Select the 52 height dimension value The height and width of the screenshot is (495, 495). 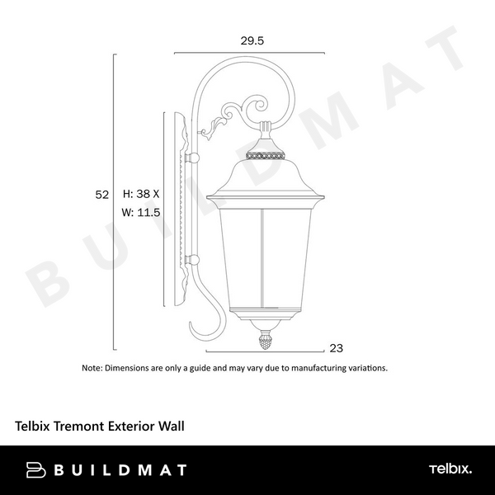click(x=102, y=195)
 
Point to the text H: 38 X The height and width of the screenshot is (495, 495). click(x=140, y=195)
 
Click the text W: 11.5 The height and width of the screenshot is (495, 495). click(x=140, y=212)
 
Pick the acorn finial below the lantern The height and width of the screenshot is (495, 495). click(x=266, y=338)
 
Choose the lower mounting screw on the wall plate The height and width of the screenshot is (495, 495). click(x=194, y=262)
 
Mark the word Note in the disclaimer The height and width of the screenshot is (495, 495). click(x=92, y=368)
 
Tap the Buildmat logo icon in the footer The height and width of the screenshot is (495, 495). click(x=37, y=470)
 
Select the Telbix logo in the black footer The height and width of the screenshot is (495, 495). click(x=450, y=469)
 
